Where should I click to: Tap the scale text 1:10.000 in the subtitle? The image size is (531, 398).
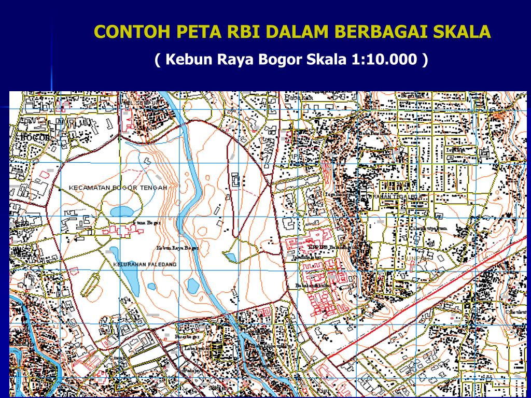[x=384, y=60]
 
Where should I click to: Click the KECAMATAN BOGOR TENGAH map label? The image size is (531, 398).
[x=118, y=188]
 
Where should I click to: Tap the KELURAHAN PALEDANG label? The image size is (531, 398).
[x=145, y=264]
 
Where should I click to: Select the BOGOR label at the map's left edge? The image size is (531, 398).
[x=35, y=137]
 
